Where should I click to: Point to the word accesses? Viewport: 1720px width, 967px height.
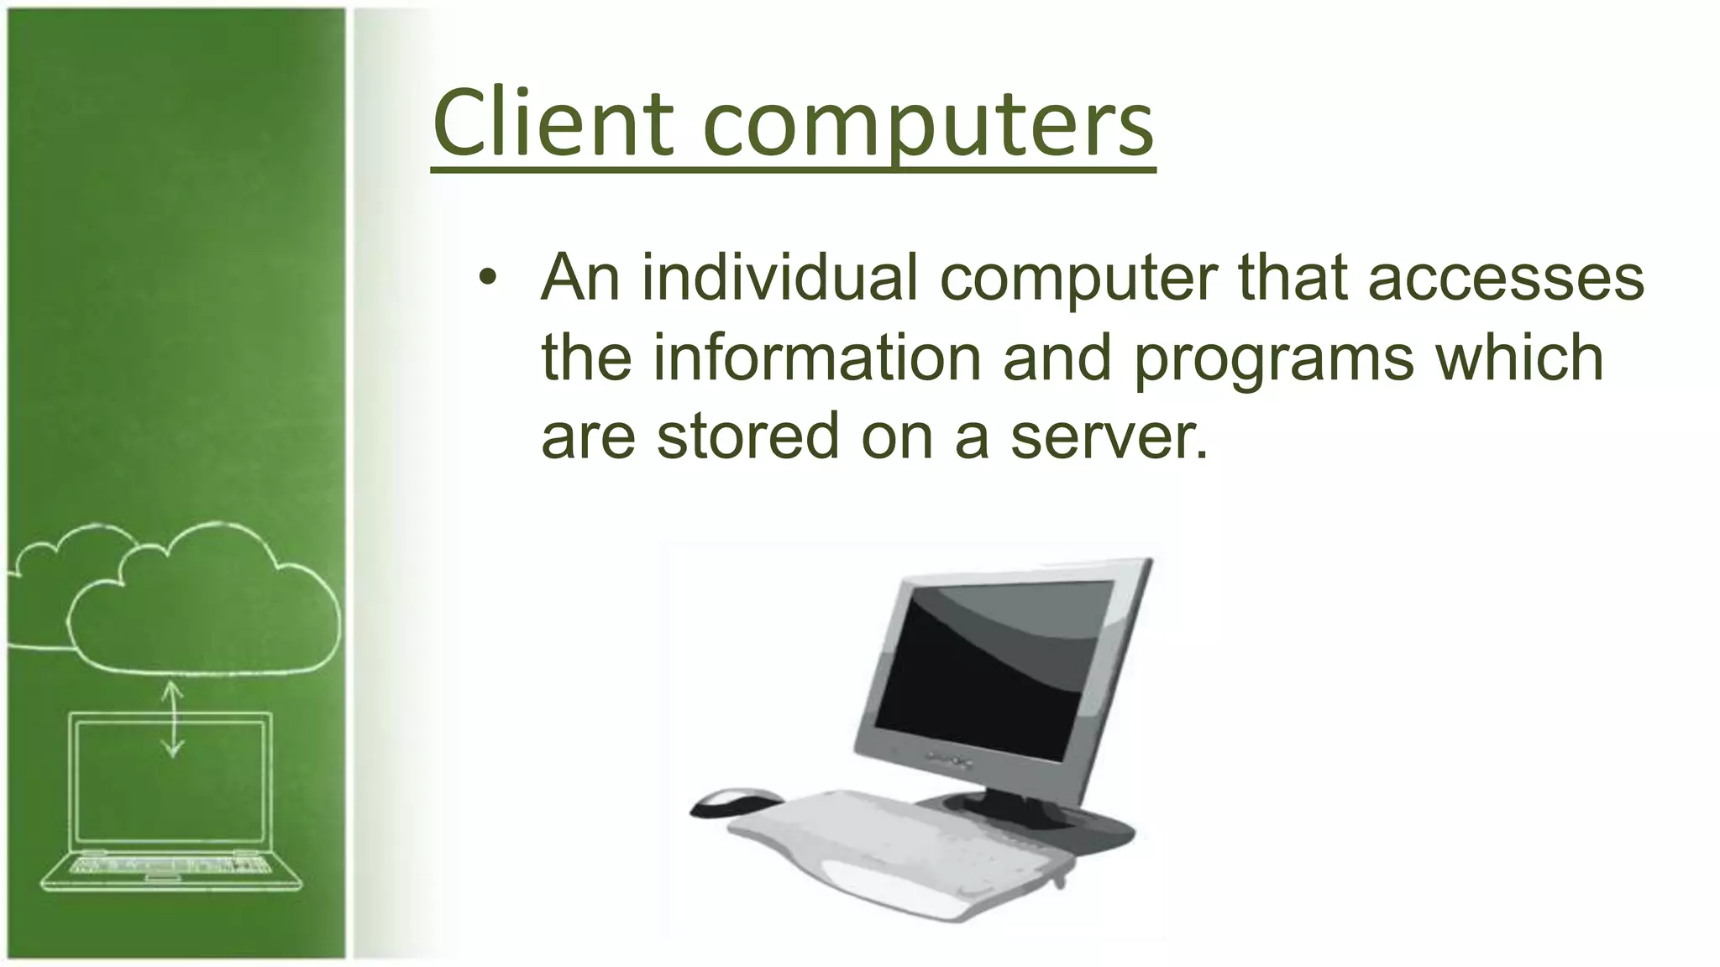coord(1505,279)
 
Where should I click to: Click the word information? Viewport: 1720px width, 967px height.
coord(816,357)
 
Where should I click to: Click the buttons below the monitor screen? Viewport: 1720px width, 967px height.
coord(950,761)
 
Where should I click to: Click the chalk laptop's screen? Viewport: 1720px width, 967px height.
coord(172,781)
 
